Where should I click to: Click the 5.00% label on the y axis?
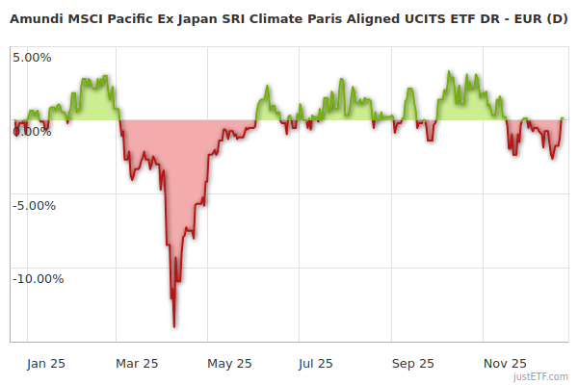(x=32, y=57)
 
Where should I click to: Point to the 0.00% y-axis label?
(x=32, y=131)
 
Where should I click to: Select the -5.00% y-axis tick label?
(x=35, y=205)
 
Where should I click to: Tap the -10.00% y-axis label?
(x=38, y=279)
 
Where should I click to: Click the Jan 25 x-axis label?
(x=45, y=363)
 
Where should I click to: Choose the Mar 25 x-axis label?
(x=137, y=363)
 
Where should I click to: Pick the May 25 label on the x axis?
(x=229, y=363)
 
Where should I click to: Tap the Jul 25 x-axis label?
(x=316, y=363)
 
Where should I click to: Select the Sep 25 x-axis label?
(x=413, y=363)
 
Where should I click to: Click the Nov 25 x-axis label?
(x=505, y=363)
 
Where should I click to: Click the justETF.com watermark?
(x=541, y=376)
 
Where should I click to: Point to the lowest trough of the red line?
(x=174, y=326)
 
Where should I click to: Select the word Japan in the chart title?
(x=197, y=18)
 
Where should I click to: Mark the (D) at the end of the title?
(x=557, y=18)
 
